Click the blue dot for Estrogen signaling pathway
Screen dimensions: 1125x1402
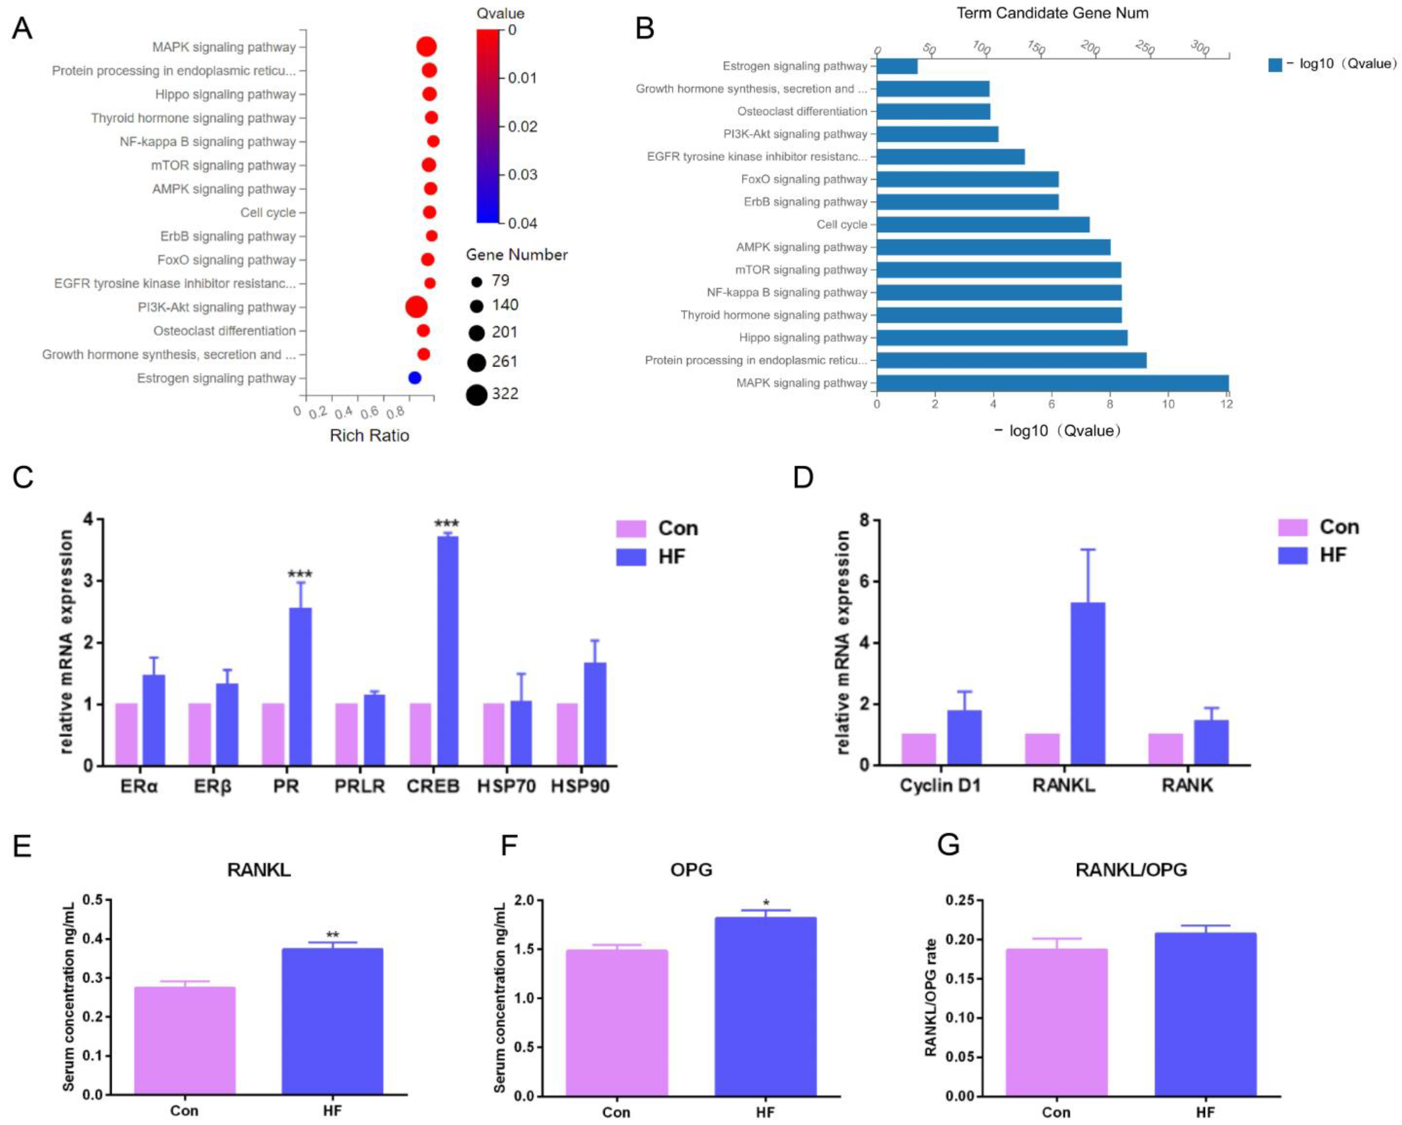(x=414, y=378)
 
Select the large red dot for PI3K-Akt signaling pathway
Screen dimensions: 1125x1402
(x=416, y=307)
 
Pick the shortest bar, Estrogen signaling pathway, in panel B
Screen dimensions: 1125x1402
(x=897, y=66)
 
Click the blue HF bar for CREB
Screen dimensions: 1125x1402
(x=447, y=650)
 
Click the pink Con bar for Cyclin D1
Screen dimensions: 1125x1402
(x=918, y=749)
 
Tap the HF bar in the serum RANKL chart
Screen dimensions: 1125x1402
(x=332, y=1021)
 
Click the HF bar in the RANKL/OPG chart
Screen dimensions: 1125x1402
(x=1205, y=1015)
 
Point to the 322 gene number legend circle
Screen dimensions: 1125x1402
(x=477, y=394)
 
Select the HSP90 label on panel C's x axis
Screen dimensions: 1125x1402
(x=580, y=786)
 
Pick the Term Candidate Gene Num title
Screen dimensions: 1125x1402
(x=1052, y=13)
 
